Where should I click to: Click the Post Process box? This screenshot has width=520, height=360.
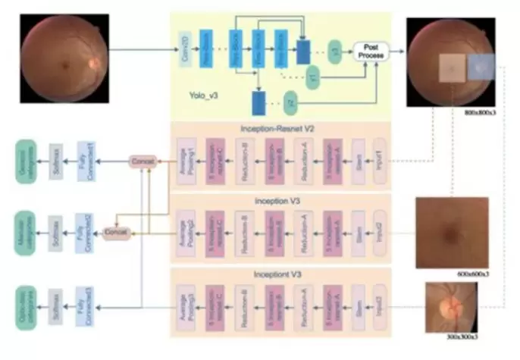pos(369,52)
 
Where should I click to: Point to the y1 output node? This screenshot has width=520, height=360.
pos(312,76)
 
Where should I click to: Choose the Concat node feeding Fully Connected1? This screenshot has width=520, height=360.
pos(143,161)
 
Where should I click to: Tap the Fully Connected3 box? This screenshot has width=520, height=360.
pos(85,302)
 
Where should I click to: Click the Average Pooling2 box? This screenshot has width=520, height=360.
pos(185,230)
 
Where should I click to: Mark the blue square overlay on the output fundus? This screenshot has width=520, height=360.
pos(481,67)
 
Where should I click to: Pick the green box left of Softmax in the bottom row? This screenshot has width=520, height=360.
pos(27,302)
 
